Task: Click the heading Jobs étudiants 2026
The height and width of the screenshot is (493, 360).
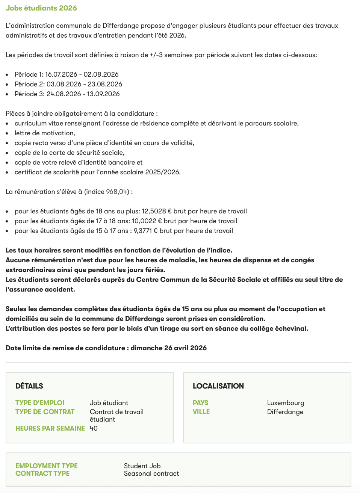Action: point(41,8)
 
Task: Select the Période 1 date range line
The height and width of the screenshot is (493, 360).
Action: point(67,74)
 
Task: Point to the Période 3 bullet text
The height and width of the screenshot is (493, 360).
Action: point(67,94)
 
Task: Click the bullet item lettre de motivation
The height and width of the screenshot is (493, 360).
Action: point(45,133)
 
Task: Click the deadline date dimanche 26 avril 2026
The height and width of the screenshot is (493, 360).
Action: point(168,348)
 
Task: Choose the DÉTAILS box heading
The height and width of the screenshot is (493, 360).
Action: point(29,386)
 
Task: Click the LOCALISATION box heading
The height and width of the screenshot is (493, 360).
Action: point(218,386)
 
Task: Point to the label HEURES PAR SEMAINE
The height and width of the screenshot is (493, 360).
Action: point(50,428)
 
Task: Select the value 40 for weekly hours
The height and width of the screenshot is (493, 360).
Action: point(94,428)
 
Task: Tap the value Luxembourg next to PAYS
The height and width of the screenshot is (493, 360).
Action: point(286,403)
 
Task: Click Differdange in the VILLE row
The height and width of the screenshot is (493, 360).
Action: point(285,412)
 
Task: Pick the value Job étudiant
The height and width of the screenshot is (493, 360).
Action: point(109,403)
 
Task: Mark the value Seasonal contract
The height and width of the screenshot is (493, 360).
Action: point(151,473)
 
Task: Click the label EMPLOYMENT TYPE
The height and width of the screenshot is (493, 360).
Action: point(47,466)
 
